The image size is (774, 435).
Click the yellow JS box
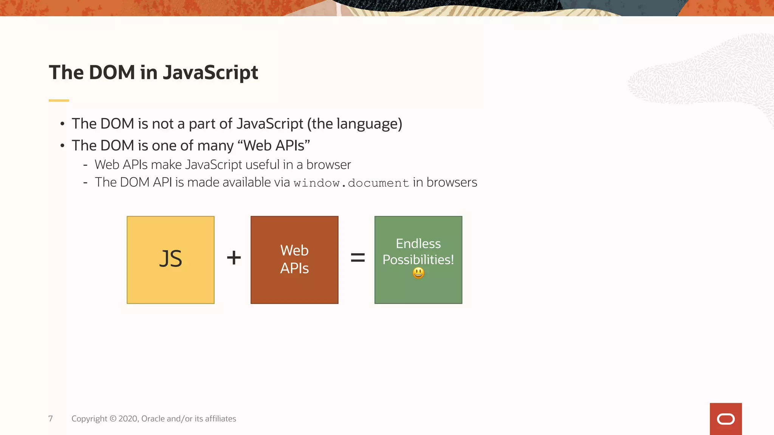[x=170, y=260]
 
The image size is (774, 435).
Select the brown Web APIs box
[x=294, y=260]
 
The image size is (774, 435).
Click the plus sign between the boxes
[x=234, y=258]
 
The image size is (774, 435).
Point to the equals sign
[x=358, y=258]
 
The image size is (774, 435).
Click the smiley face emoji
[x=418, y=273]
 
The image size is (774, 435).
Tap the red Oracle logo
[x=726, y=419]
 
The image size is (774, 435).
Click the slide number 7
[x=51, y=419]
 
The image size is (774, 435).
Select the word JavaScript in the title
[x=211, y=72]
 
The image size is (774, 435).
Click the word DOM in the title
[x=112, y=72]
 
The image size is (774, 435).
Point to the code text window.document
[x=351, y=183]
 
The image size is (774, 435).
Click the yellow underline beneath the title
[x=59, y=100]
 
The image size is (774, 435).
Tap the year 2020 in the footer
[x=128, y=419]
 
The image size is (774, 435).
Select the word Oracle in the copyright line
[x=153, y=419]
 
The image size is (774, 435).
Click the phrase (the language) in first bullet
[x=354, y=124]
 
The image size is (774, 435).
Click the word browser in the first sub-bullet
[x=328, y=165]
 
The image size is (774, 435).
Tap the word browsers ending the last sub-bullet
[x=452, y=182]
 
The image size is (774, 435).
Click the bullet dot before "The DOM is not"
[x=62, y=124]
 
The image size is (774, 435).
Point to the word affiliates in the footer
[x=220, y=419]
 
